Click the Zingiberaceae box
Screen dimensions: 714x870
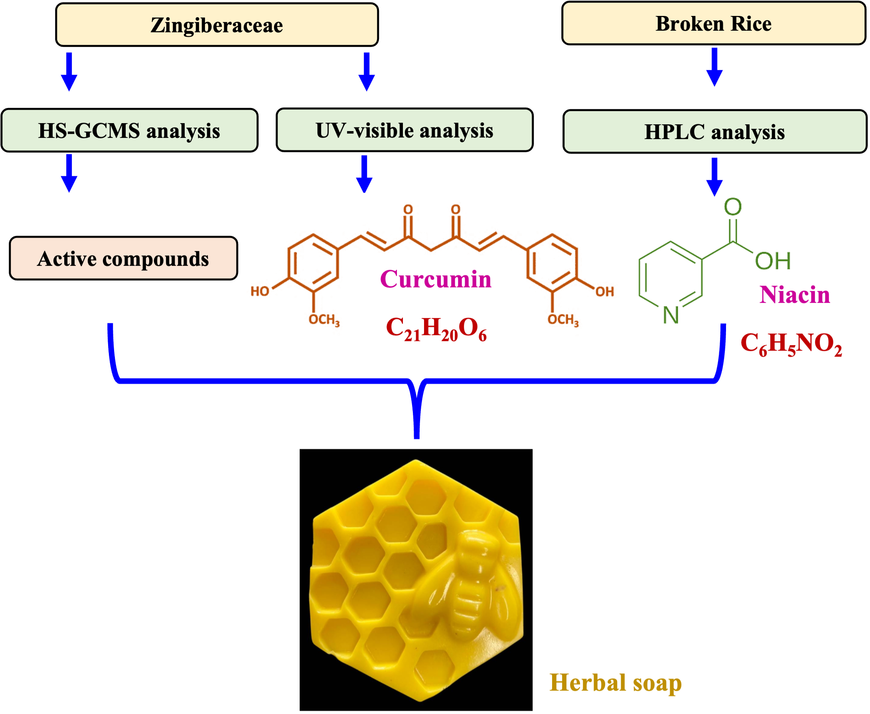217,25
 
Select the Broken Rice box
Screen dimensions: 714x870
714,24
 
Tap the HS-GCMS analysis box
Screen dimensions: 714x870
129,130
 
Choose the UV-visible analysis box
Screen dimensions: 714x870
404,130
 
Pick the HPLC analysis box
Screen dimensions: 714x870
714,131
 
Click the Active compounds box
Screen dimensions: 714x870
124,258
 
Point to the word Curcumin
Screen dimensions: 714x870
436,279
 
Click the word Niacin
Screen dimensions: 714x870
795,294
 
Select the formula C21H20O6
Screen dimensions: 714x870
436,329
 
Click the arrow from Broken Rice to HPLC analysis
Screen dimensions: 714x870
715,67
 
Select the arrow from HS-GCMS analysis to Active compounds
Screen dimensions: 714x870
69,173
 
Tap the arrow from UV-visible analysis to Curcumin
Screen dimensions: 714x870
364,173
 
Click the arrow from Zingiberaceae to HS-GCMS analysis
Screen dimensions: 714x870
69,72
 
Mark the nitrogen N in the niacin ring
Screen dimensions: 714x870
671,315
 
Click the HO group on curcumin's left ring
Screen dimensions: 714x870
260,291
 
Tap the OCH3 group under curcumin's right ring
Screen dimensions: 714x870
563,320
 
